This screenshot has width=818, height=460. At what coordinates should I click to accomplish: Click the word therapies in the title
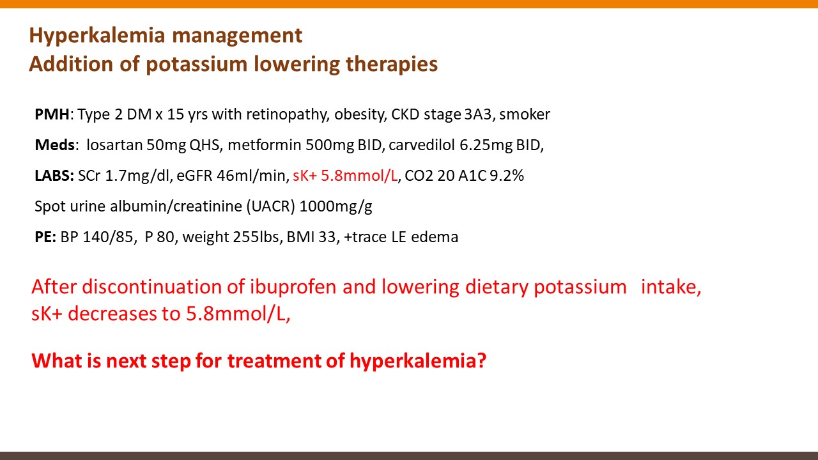tap(392, 65)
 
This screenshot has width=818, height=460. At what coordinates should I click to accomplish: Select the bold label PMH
tap(52, 114)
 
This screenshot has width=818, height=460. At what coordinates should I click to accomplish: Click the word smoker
tap(525, 114)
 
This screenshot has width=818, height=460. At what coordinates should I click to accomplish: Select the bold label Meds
tap(55, 145)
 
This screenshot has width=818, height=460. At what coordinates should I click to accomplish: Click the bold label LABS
tap(54, 176)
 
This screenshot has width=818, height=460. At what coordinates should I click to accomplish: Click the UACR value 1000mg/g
tap(336, 206)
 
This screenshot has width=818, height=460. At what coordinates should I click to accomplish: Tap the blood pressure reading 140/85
tap(108, 237)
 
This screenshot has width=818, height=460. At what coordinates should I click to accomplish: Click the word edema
tap(435, 237)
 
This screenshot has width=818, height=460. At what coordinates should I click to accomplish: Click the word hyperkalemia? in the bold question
tap(418, 362)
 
